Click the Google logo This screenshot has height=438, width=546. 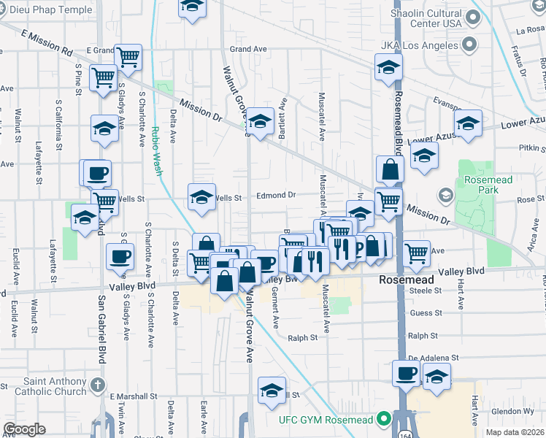(x=24, y=429)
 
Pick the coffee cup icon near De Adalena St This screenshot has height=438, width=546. (x=407, y=374)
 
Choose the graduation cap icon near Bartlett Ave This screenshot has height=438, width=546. (x=260, y=120)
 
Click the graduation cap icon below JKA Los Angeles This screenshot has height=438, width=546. (x=389, y=69)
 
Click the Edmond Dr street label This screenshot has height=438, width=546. (x=275, y=196)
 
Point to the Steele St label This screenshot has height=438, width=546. (x=426, y=291)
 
